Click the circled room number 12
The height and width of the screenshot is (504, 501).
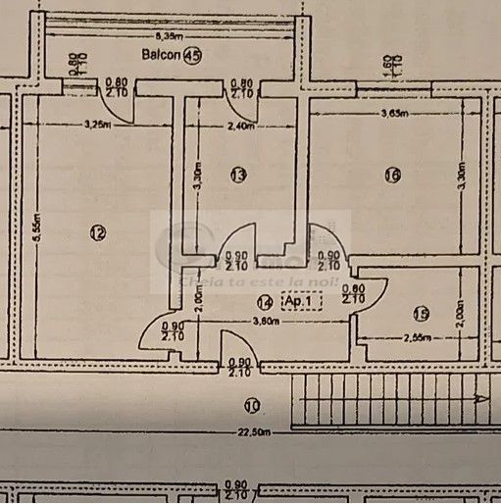[96, 232]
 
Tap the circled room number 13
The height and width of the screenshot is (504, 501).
[237, 175]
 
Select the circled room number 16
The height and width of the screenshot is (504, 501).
[392, 176]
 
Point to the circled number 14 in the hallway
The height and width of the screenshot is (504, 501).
[264, 304]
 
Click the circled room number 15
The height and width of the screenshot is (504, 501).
[421, 314]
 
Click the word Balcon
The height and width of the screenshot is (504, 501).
[160, 55]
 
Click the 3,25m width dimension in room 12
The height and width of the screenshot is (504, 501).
[97, 125]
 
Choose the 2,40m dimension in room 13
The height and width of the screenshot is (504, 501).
[241, 126]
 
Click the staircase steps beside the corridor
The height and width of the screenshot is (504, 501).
[382, 399]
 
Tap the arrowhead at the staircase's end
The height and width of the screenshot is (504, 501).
[479, 399]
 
